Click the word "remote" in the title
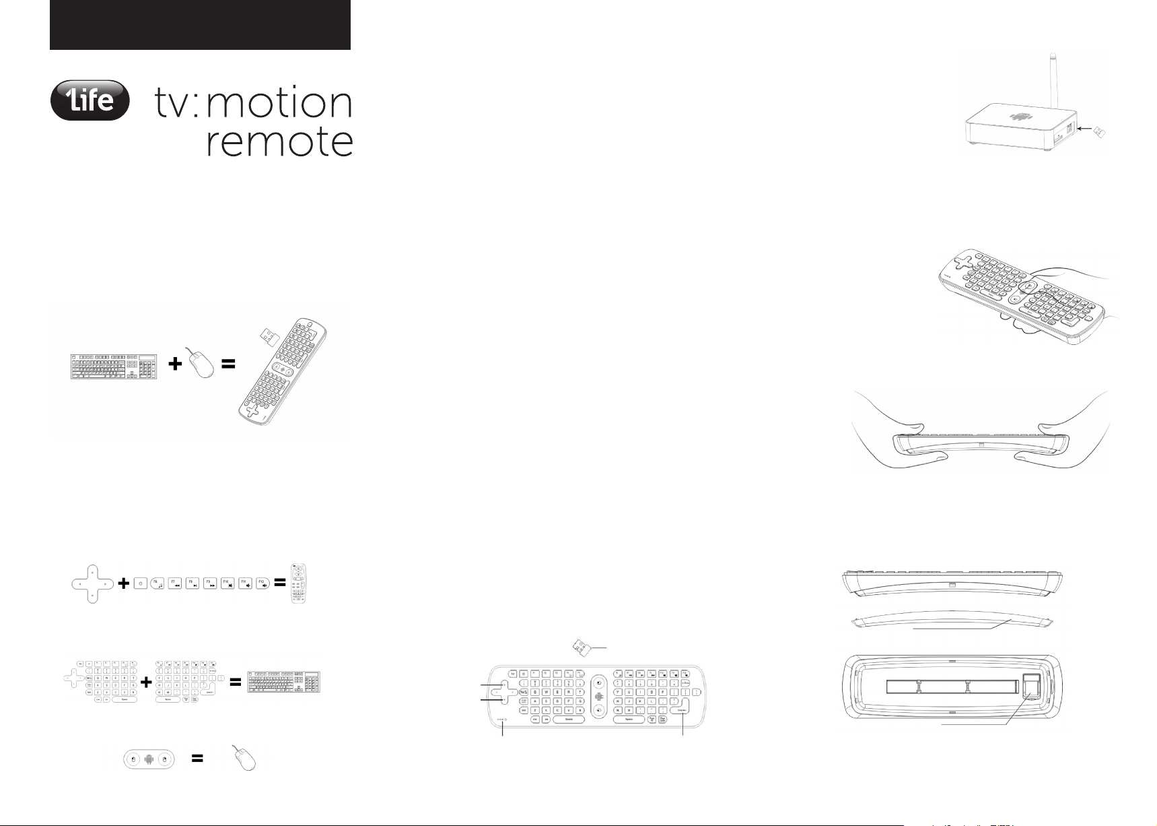click(279, 142)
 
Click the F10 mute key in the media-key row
click(227, 583)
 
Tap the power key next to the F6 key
click(140, 583)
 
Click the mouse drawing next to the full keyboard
click(202, 365)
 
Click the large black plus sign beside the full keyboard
click(175, 364)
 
